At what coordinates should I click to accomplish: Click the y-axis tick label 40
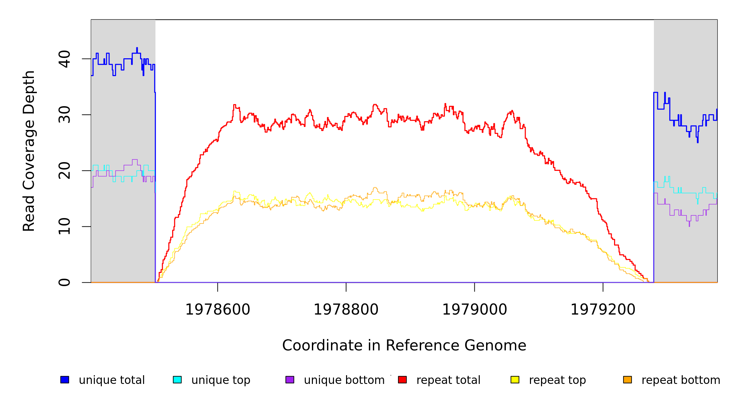[x=64, y=59]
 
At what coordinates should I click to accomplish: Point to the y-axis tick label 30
[x=64, y=115]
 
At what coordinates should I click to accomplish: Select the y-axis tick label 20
[x=64, y=171]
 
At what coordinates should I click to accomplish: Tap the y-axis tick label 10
[x=64, y=226]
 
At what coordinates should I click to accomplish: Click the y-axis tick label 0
[x=64, y=282]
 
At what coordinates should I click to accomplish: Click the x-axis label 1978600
[x=218, y=310]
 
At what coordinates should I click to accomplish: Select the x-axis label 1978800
[x=346, y=310]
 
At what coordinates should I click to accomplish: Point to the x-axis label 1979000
[x=475, y=310]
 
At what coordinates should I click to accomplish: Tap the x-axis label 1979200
[x=603, y=310]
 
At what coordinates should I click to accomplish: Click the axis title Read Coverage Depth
[x=29, y=151]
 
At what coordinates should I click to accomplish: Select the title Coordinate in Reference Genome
[x=404, y=345]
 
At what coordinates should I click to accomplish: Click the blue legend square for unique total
[x=65, y=380]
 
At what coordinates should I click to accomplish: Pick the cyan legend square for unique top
[x=177, y=380]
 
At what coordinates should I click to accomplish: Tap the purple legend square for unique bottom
[x=290, y=380]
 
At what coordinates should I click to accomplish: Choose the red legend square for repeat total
[x=402, y=380]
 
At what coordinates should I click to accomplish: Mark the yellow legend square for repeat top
[x=515, y=380]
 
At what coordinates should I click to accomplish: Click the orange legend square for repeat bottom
[x=627, y=380]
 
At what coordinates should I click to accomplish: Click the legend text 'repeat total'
[x=448, y=380]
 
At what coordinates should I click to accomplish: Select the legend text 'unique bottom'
[x=344, y=380]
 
